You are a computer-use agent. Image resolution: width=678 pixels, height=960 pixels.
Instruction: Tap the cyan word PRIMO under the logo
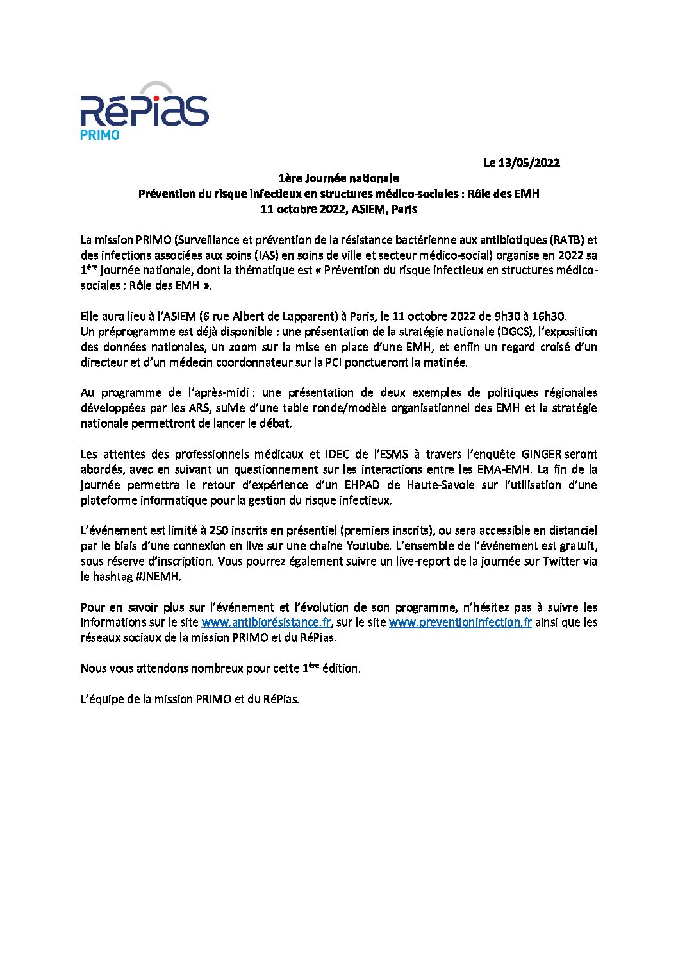pos(99,135)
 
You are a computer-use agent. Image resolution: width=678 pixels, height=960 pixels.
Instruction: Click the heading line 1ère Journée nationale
pos(338,178)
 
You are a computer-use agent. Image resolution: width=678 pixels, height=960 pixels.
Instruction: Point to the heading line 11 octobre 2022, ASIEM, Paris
pos(338,209)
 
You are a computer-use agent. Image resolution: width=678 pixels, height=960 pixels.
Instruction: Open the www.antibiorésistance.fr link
pos(266,622)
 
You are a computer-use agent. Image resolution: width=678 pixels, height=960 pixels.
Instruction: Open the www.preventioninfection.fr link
pos(460,622)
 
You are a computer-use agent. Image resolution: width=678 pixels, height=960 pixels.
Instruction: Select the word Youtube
pos(368,546)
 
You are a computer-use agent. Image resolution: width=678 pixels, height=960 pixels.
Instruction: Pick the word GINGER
pos(542,454)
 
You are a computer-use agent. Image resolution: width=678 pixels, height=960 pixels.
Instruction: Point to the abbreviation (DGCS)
pos(515,332)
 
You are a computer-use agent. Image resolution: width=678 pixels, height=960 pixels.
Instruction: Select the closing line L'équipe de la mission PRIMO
pos(190,699)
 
